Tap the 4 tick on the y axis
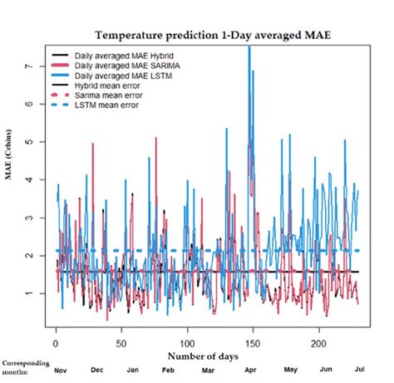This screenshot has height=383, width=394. pyautogui.click(x=35, y=179)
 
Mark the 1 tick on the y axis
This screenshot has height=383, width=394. pyautogui.click(x=35, y=293)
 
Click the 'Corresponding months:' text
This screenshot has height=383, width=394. pyautogui.click(x=25, y=368)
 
